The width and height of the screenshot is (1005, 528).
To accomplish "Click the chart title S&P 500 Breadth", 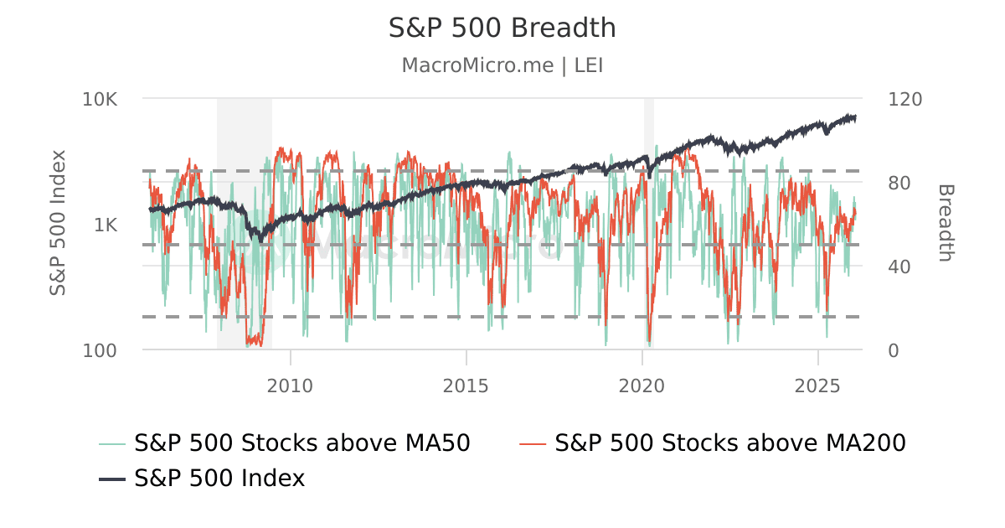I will tap(502, 28).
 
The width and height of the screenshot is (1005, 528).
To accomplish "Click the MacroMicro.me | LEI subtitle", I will tap(502, 65).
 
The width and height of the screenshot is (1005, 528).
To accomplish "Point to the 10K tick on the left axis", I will tap(100, 99).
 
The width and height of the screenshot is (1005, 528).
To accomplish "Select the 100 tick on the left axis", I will tap(100, 350).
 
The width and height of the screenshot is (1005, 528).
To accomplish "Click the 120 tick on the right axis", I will tap(904, 99).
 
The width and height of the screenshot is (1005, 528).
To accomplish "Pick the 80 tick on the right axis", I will tap(899, 183).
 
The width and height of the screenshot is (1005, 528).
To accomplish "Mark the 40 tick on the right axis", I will tap(899, 267).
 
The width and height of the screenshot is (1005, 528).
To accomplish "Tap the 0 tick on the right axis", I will tap(894, 350).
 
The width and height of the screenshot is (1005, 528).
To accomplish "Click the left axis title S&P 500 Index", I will tap(58, 222).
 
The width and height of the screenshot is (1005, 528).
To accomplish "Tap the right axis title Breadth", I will tap(945, 222).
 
